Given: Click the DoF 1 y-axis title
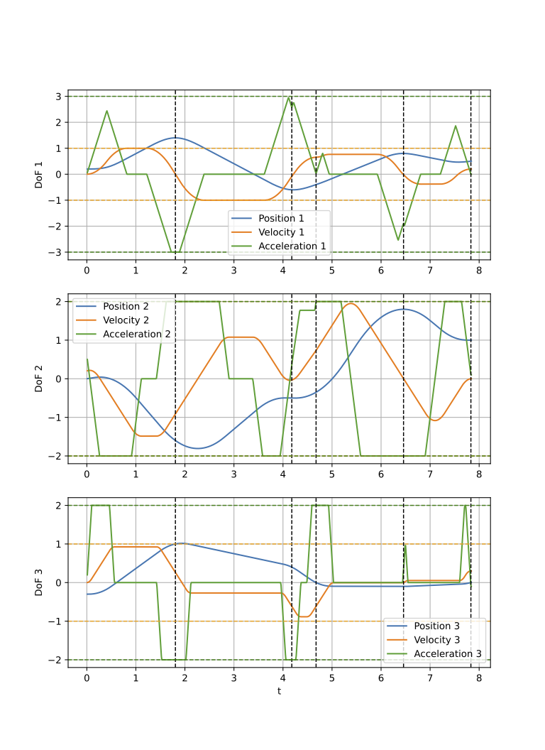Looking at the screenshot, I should click(40, 175).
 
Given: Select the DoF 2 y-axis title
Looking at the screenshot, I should click(40, 379).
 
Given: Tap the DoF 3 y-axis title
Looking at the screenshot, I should click(40, 582).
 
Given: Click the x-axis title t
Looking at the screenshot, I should click(279, 690).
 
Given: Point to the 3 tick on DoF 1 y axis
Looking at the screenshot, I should click(60, 97).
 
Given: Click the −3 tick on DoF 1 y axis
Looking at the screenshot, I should click(57, 252).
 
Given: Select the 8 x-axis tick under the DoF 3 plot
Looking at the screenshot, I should click(478, 680).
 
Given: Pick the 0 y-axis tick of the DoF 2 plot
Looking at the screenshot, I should click(60, 379).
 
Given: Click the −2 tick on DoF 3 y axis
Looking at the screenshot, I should click(57, 660).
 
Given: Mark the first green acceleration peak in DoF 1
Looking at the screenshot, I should click(106, 111).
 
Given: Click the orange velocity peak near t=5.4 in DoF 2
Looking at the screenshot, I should click(351, 303).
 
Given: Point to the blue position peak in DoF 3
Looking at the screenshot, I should click(182, 543).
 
